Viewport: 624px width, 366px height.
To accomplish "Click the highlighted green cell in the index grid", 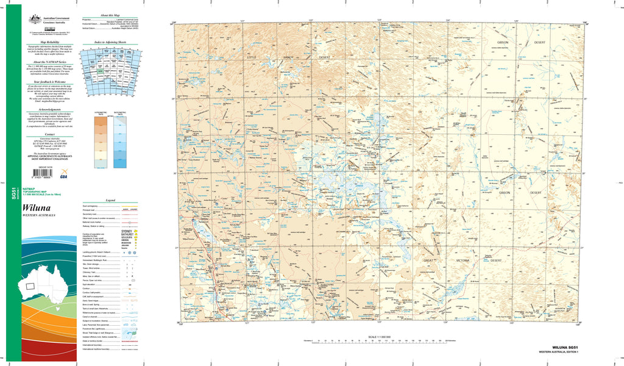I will (x=99, y=72).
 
